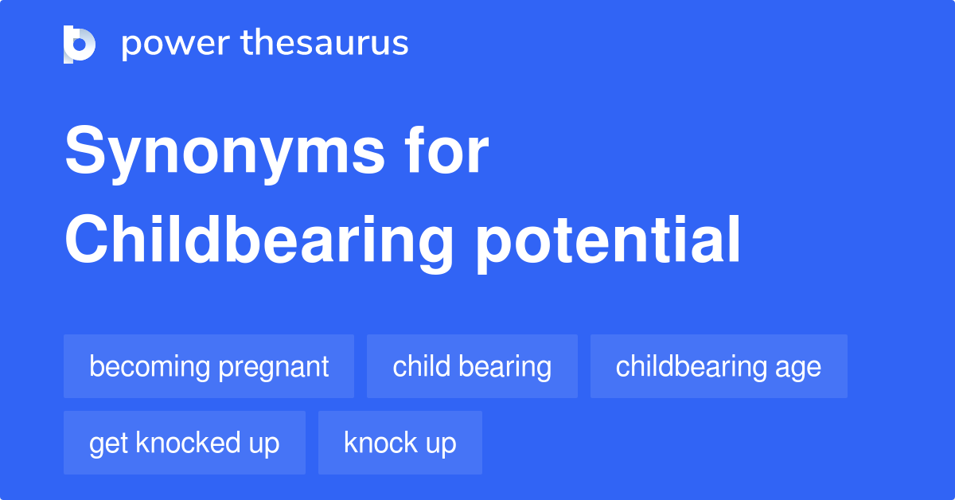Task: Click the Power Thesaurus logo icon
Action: click(80, 44)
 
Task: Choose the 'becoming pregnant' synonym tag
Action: click(209, 366)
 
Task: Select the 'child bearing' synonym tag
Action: click(472, 366)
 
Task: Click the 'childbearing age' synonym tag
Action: click(719, 366)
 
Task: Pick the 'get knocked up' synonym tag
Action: click(185, 443)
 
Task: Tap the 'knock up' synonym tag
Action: click(400, 443)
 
